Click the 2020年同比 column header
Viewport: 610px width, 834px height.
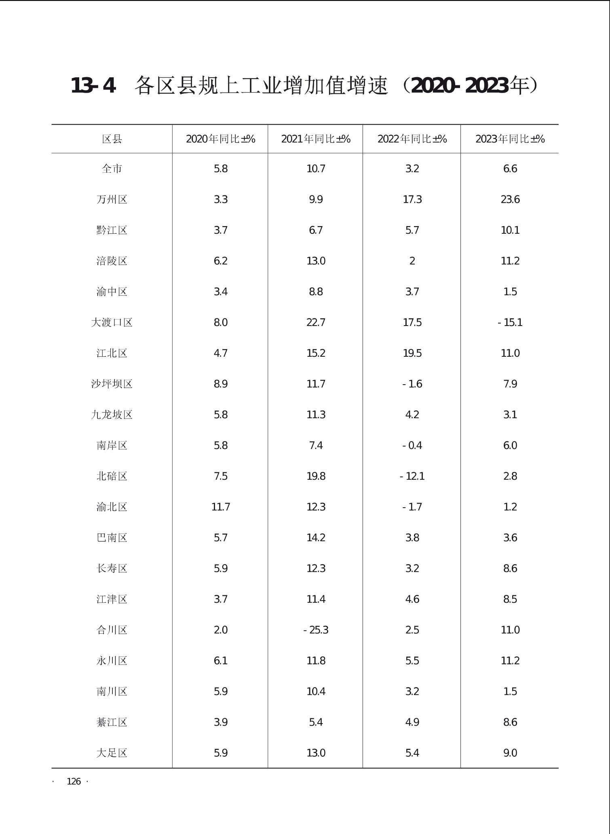[220, 139]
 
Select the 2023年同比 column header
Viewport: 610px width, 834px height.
[510, 139]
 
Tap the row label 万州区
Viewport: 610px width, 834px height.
[112, 199]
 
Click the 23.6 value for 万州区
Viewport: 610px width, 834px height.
[510, 199]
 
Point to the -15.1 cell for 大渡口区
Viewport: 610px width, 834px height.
[510, 322]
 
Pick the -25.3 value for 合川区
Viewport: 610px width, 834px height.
[316, 630]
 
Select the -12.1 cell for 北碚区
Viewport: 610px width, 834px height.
[412, 476]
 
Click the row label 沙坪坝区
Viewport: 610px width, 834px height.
[112, 384]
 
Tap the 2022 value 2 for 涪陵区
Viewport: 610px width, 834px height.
[412, 261]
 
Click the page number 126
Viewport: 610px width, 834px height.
[74, 781]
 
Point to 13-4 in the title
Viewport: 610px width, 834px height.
[93, 86]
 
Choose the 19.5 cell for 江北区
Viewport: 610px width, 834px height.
[412, 353]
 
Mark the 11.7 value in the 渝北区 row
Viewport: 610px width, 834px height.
[221, 507]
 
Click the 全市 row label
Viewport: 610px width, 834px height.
[112, 169]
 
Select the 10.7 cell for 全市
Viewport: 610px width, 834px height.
[316, 169]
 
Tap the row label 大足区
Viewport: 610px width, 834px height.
[112, 753]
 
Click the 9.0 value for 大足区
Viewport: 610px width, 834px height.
[510, 753]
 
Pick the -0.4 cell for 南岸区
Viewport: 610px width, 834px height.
[412, 445]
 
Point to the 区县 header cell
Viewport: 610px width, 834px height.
[112, 139]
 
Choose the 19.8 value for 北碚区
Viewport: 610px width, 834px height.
[316, 476]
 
